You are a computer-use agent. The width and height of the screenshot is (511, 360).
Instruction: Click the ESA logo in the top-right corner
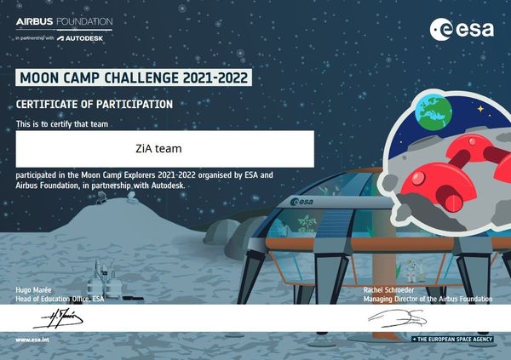(463, 29)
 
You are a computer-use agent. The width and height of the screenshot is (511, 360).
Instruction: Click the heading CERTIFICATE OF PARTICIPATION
(95, 104)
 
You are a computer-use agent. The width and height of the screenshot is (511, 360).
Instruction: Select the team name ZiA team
(165, 149)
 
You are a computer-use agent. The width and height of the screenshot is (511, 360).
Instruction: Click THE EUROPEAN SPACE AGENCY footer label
(453, 340)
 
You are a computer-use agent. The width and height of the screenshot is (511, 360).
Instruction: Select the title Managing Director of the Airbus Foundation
(428, 300)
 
